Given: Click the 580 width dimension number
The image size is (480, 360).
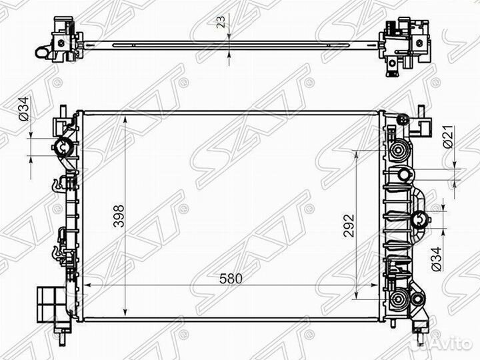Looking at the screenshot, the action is [231, 279].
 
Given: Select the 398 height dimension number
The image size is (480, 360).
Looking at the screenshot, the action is [119, 216].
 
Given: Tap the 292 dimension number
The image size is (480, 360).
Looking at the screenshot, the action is [349, 226].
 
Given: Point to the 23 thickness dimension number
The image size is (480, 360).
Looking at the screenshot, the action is [221, 21].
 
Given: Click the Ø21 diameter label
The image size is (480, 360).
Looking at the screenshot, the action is [447, 137].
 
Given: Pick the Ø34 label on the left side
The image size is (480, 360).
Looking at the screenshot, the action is [24, 109].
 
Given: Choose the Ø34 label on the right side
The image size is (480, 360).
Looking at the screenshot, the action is [436, 259].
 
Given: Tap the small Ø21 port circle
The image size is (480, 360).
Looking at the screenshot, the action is [404, 175].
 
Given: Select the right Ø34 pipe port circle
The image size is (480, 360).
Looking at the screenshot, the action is [420, 220].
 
